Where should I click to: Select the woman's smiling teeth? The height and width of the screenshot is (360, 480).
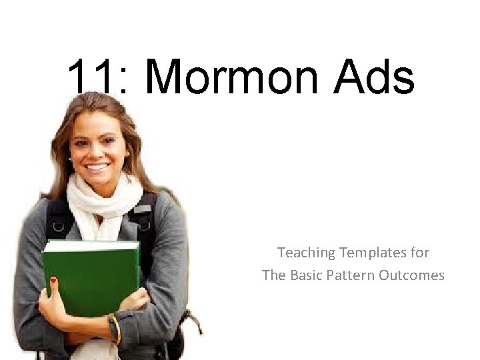coord(98,167)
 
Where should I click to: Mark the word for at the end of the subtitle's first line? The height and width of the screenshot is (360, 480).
coord(421,253)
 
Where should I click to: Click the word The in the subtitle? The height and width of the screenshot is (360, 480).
coord(274,275)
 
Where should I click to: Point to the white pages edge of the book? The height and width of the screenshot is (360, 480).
coord(90,245)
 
